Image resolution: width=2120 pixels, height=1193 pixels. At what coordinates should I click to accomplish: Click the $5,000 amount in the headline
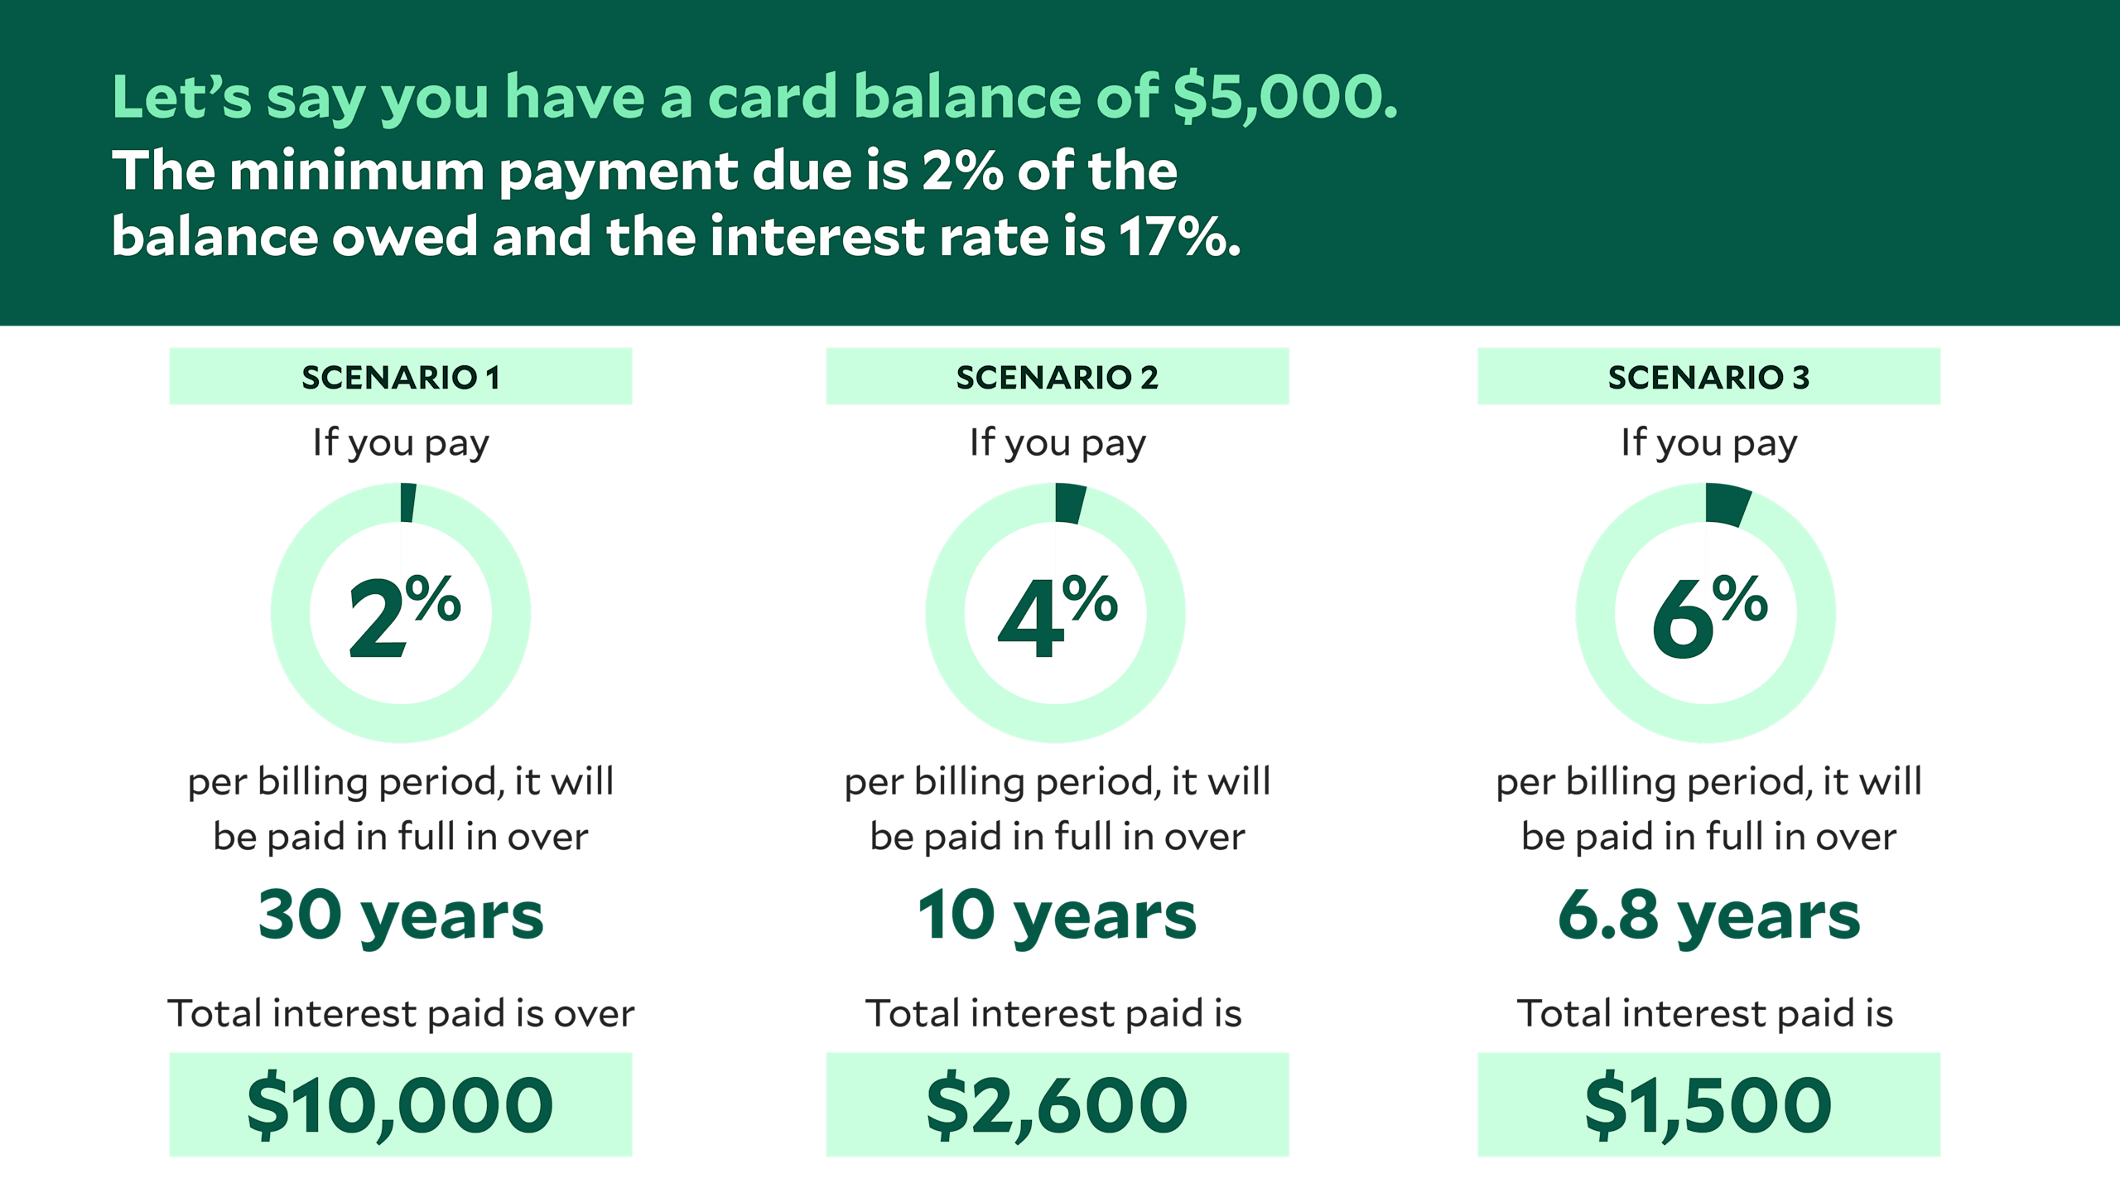pos(1284,97)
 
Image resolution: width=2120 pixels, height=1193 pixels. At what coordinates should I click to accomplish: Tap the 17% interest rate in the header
pos(1179,237)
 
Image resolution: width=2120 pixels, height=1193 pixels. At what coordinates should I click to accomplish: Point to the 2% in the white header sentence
pos(961,171)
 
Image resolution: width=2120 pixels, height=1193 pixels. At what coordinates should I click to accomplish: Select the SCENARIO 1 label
pos(401,377)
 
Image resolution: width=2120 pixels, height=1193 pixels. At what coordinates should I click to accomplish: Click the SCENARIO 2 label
pos(1057,377)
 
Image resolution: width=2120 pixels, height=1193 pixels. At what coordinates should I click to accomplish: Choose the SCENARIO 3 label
pos(1708,377)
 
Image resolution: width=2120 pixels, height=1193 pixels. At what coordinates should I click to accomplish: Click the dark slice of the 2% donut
pos(407,503)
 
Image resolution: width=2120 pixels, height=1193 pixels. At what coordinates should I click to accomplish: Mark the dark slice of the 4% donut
pos(1069,504)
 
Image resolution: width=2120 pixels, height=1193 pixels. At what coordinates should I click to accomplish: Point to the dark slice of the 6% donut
pos(1726,505)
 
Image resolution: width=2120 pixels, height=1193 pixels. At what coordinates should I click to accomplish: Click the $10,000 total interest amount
pos(401,1105)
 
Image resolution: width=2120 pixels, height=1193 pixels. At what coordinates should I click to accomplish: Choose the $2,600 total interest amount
pos(1057,1105)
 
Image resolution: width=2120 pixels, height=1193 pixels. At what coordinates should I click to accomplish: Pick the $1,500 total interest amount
pos(1708,1105)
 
